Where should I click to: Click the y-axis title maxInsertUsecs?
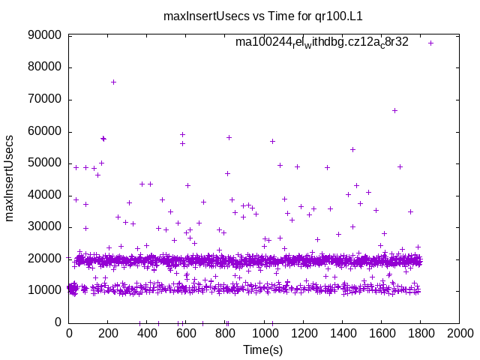point(10,178)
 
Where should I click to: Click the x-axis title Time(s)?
point(263,349)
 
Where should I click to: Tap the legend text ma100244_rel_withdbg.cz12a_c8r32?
point(322,42)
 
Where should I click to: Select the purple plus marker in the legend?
point(430,43)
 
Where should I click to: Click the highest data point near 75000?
point(113,82)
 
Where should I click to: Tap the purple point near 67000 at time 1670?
point(394,110)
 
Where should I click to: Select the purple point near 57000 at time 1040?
point(272,141)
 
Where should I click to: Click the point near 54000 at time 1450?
point(352,149)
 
